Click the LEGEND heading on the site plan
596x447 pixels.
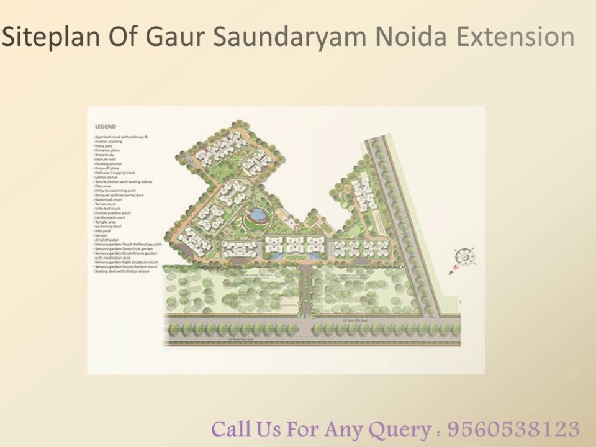tap(105, 127)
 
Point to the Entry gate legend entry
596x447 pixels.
tap(103, 146)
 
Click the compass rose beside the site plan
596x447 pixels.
tap(464, 258)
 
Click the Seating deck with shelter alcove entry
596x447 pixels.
tap(122, 271)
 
